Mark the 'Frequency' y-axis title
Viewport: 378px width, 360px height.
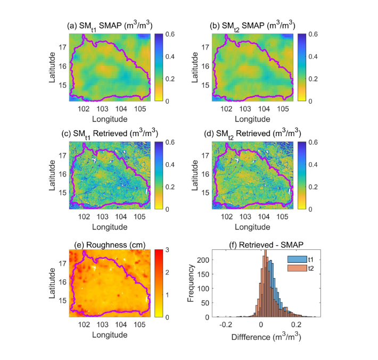click(x=191, y=283)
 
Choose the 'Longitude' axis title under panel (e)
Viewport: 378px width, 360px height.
click(x=110, y=335)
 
